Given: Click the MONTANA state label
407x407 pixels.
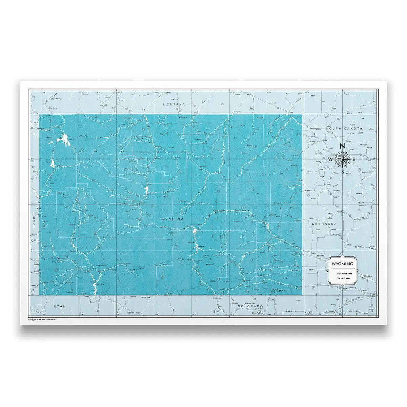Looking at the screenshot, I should [x=174, y=104].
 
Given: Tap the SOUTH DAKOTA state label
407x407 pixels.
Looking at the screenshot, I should [x=344, y=129].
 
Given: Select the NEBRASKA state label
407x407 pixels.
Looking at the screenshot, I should [x=325, y=224].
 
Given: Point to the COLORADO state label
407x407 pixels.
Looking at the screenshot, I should [x=251, y=306].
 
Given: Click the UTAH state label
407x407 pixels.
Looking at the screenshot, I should [x=59, y=306].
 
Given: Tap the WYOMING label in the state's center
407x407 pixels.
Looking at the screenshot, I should [x=173, y=219].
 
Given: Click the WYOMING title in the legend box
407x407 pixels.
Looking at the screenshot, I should [x=342, y=264].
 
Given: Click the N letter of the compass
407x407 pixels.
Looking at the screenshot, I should [x=343, y=147].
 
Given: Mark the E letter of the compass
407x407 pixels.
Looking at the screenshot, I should [x=354, y=159].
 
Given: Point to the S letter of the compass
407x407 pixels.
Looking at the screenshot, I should [x=343, y=171].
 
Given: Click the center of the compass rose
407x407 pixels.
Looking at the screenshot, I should [x=343, y=159].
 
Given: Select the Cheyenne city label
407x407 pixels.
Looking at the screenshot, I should [x=281, y=291].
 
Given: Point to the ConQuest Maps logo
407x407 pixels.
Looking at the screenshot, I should [x=35, y=319].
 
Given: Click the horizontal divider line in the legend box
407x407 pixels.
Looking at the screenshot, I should [x=342, y=269].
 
